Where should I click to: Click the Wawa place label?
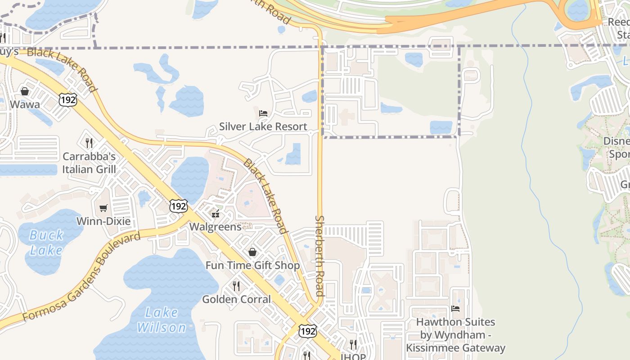pyautogui.click(x=25, y=104)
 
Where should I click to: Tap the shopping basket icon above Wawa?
pyautogui.click(x=25, y=91)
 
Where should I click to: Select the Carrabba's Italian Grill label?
pyautogui.click(x=89, y=163)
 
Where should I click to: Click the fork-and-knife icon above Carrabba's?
pyautogui.click(x=89, y=143)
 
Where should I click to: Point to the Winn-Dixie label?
pyautogui.click(x=103, y=221)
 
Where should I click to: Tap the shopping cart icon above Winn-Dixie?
pyautogui.click(x=103, y=208)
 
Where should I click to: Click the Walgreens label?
pyautogui.click(x=216, y=226)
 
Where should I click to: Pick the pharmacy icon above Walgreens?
pyautogui.click(x=216, y=213)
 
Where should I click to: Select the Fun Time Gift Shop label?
pyautogui.click(x=252, y=265)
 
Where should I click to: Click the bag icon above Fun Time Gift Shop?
pyautogui.click(x=252, y=252)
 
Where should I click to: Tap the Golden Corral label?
pyautogui.click(x=236, y=299)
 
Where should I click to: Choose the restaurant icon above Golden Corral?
pyautogui.click(x=236, y=286)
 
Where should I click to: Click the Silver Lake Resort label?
pyautogui.click(x=263, y=126)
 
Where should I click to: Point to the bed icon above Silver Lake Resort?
pyautogui.click(x=263, y=113)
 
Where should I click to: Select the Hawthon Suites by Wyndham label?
pyautogui.click(x=455, y=335)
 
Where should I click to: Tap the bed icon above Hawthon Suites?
pyautogui.click(x=455, y=309)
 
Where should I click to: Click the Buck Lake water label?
pyautogui.click(x=46, y=243)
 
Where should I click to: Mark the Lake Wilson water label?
pyautogui.click(x=162, y=320)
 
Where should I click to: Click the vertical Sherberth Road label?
pyautogui.click(x=319, y=256)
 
